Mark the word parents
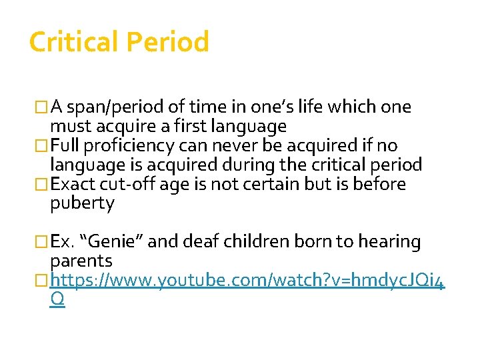[81, 261]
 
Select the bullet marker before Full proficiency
[43, 146]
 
